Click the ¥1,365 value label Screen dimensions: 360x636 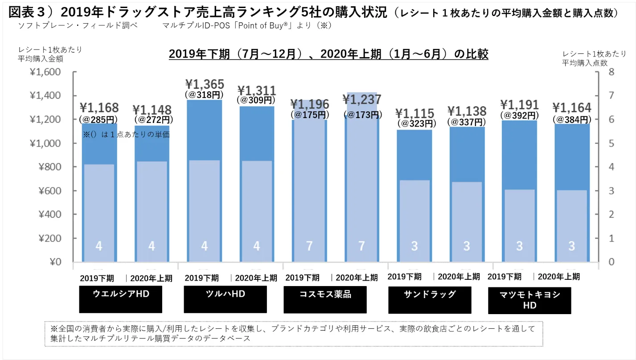tap(205, 84)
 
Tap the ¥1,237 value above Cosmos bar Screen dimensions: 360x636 tap(362, 99)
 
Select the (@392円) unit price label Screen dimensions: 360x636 tap(519, 115)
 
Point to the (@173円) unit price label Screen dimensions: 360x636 tap(362, 115)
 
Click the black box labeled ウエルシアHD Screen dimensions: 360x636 tap(120, 299)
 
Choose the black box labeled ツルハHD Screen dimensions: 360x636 tap(225, 299)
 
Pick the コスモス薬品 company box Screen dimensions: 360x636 tap(325, 299)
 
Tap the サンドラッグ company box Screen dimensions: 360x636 tap(430, 299)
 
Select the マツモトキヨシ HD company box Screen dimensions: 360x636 tap(529, 301)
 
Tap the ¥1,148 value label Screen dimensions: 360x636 tap(152, 110)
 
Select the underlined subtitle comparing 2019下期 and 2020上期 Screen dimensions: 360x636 tap(328, 54)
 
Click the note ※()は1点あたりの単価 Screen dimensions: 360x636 tap(126, 134)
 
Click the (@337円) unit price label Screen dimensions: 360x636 tap(467, 122)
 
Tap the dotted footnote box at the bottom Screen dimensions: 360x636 tap(294, 334)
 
